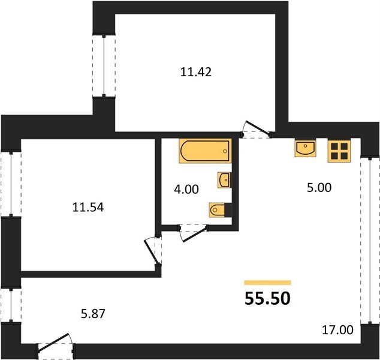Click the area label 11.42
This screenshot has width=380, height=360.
point(196,72)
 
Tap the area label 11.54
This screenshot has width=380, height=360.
point(88,208)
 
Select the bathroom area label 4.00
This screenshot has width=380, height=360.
point(186,189)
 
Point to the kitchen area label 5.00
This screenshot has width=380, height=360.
point(319,188)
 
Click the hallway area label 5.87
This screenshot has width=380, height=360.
point(93,314)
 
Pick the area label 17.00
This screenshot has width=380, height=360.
point(337,330)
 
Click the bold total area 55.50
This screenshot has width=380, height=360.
point(267,298)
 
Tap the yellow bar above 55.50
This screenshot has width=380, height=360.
point(267,283)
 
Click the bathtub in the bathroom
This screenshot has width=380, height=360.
point(205,151)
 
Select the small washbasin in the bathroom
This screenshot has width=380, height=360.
point(224,180)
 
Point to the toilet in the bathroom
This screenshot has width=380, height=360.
point(221,209)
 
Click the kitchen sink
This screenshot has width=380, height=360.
point(305,148)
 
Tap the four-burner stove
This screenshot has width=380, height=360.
point(339,151)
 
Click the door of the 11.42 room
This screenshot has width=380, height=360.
point(257,128)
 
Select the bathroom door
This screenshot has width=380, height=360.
point(194,233)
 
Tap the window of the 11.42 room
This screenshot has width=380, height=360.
point(104,65)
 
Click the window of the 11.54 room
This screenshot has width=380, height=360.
point(11,184)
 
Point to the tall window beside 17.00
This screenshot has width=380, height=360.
point(370,240)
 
